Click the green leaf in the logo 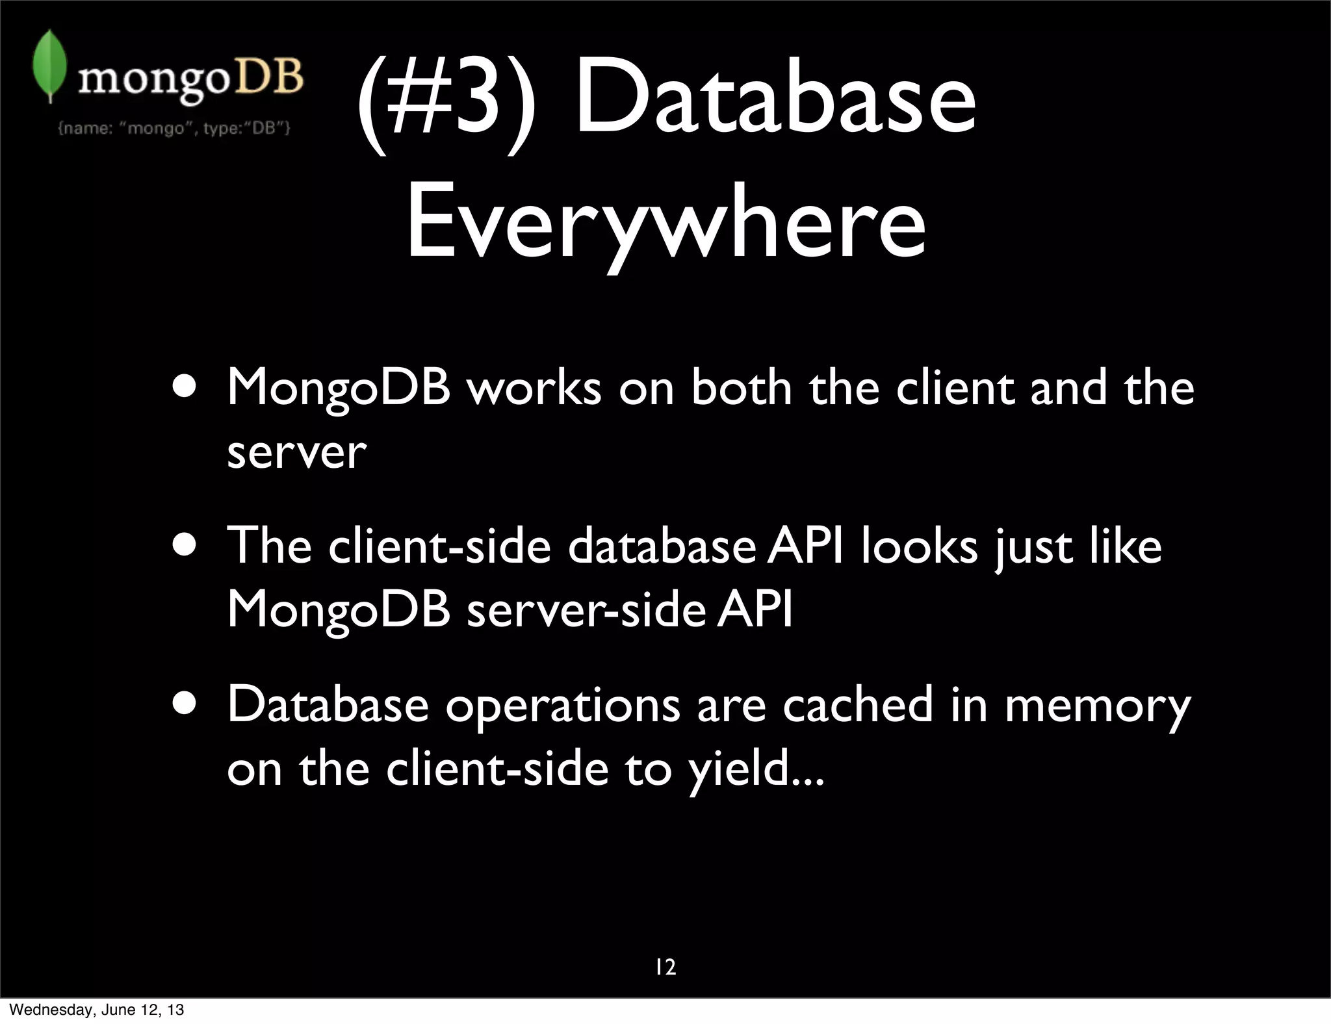point(49,65)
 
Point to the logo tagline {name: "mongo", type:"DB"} point(174,128)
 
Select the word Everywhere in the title point(665,221)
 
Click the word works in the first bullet point(534,388)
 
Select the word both point(741,388)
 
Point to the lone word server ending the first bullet point(296,453)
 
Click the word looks point(919,546)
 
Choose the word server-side point(586,611)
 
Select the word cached point(858,705)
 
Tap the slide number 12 point(665,967)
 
